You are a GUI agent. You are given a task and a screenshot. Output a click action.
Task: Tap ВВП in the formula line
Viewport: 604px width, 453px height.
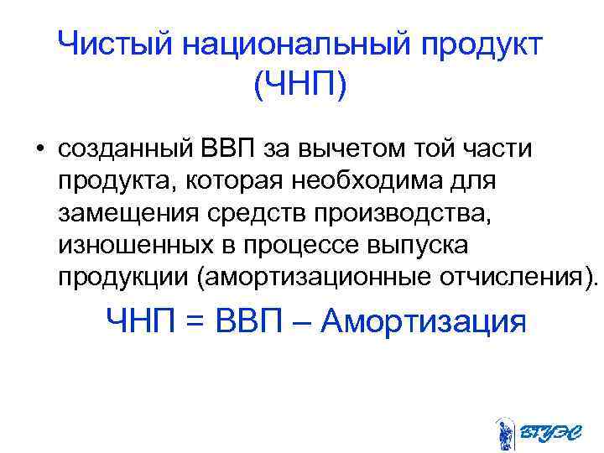tap(248, 321)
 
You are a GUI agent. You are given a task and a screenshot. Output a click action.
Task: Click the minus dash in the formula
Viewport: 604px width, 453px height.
tap(304, 321)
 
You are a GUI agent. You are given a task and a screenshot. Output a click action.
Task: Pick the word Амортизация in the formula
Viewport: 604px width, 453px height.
tap(424, 321)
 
